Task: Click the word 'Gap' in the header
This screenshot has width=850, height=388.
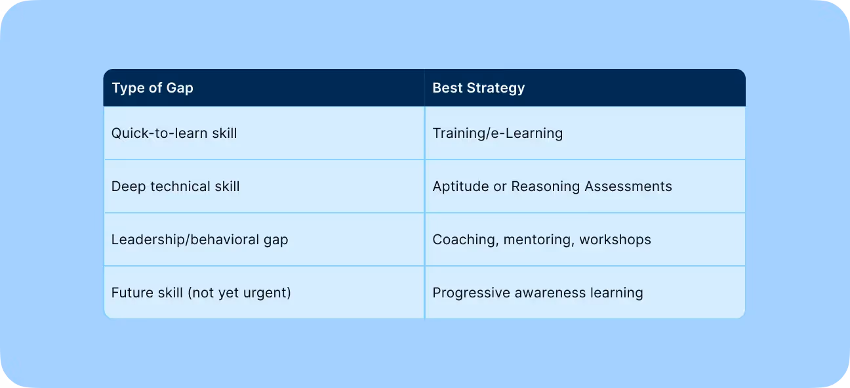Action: [x=180, y=88]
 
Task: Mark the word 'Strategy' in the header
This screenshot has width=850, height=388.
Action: [x=496, y=88]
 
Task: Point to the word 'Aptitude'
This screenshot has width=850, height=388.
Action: [x=460, y=186]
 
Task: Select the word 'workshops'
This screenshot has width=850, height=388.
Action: [x=615, y=240]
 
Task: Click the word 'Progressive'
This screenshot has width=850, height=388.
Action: [x=472, y=293]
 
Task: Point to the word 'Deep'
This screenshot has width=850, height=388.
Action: [x=129, y=186]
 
